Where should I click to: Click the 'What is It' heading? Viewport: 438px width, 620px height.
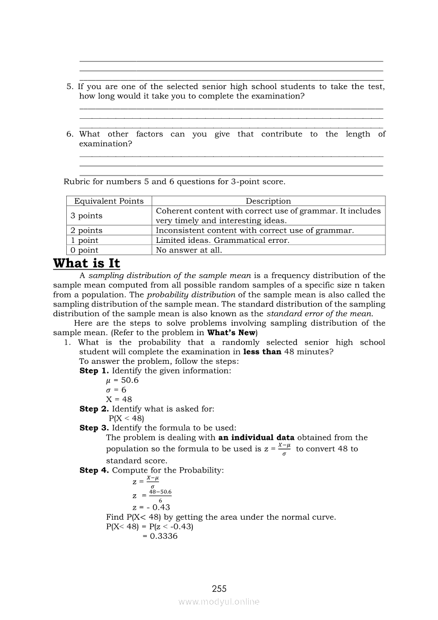pos(86,264)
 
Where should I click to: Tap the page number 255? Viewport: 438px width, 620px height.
pos(219,589)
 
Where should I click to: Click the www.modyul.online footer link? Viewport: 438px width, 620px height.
pos(219,602)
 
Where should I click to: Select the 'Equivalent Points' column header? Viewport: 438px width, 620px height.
pos(109,201)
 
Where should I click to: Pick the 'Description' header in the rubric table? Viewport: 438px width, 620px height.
pos(268,201)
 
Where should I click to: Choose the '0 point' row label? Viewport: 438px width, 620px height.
pos(84,250)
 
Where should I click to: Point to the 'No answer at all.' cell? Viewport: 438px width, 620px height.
pos(189,250)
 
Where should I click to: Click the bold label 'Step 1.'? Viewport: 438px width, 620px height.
pos(94,371)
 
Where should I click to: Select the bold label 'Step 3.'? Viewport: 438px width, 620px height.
pos(94,428)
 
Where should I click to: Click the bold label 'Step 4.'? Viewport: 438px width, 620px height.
pos(94,470)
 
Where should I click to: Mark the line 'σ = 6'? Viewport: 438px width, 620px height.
pos(116,390)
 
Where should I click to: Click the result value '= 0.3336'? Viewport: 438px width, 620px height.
pos(160,536)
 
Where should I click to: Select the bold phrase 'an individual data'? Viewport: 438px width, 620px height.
pos(256,438)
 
